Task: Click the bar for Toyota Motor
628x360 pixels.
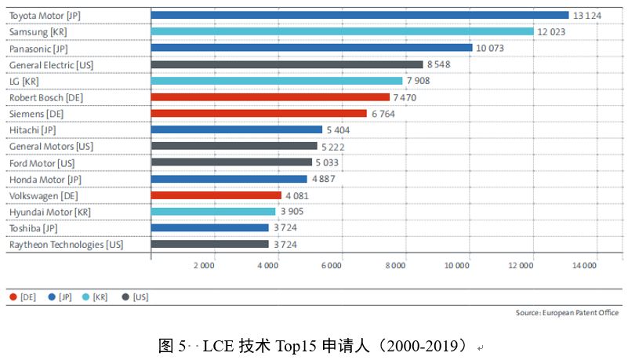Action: [x=359, y=15]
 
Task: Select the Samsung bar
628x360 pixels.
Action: [x=342, y=31]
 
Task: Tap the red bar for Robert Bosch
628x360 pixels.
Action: [x=270, y=97]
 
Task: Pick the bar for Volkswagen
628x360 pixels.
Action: [x=216, y=195]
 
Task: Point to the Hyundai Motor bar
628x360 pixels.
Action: [x=212, y=212]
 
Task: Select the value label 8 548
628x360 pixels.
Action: [x=441, y=64]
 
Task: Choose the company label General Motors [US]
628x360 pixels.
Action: [x=51, y=147]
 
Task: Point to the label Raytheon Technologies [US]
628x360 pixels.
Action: [x=66, y=245]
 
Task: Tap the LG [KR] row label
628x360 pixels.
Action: [x=24, y=81]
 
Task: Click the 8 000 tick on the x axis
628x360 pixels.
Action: [x=395, y=265]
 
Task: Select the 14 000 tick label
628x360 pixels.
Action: [x=585, y=265]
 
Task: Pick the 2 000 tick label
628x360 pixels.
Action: [x=203, y=265]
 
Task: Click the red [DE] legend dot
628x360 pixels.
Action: [x=13, y=297]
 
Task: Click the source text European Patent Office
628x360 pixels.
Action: [x=579, y=313]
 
